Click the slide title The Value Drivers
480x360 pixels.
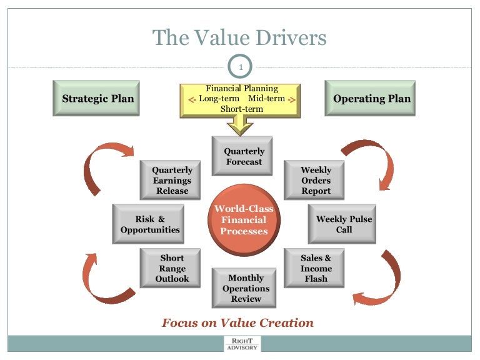240,38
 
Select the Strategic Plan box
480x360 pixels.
98,99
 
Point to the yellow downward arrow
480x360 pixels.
241,126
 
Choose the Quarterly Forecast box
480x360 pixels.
244,157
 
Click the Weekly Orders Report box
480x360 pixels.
316,180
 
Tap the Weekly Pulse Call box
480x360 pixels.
343,224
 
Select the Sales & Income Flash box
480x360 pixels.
316,268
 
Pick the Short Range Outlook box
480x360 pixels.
172,268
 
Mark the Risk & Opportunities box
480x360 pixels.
150,224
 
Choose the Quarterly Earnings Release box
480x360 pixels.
172,180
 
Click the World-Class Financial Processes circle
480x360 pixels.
243,220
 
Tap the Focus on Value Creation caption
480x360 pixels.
237,323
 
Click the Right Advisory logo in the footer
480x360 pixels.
242,344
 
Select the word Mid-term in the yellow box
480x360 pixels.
266,99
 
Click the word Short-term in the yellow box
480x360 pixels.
241,109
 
